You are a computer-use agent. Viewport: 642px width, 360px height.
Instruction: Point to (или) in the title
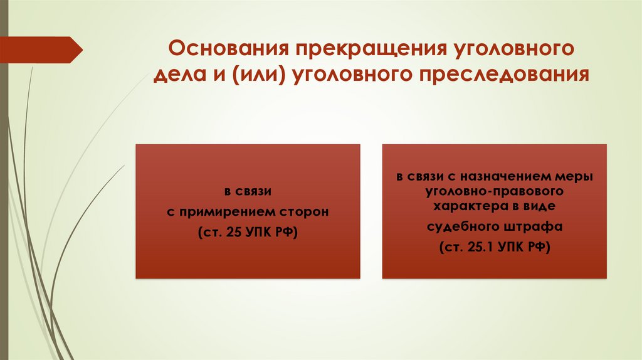[x=255, y=75]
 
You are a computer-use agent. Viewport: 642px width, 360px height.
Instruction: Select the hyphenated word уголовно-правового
[x=495, y=191]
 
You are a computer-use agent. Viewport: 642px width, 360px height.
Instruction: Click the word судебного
[x=462, y=226]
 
